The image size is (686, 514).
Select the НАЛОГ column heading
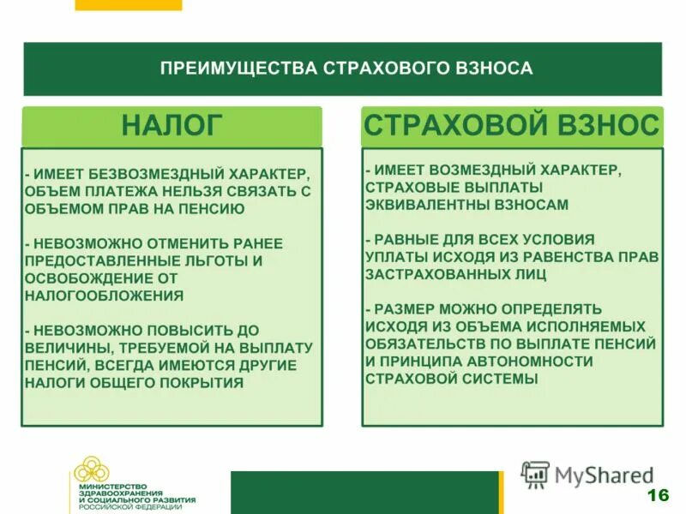[x=171, y=125]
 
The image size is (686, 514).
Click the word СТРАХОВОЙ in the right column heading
[x=450, y=125]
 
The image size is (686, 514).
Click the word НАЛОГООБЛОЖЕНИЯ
[x=104, y=295]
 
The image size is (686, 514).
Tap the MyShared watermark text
[x=604, y=475]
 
